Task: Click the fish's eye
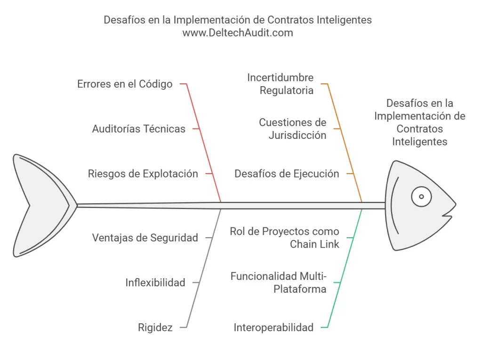coord(421,196)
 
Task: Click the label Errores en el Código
coord(125,84)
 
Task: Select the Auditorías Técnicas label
coord(139,129)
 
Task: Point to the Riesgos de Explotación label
coord(143,174)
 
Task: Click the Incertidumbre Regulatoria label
coord(281,84)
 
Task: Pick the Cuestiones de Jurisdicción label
coord(293,129)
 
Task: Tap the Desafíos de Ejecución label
coord(287,174)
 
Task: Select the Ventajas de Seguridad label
coord(145,238)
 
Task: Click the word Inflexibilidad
coord(155,282)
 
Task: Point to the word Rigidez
coord(155,328)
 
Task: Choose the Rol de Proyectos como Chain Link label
coord(285,238)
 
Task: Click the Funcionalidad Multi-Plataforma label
coord(279,282)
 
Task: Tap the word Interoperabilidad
coord(273,328)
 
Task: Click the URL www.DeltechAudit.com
coord(238,32)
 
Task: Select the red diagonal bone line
coord(204,143)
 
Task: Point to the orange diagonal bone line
coord(345,143)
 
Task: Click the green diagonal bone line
coord(345,268)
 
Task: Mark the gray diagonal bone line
coord(204,268)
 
